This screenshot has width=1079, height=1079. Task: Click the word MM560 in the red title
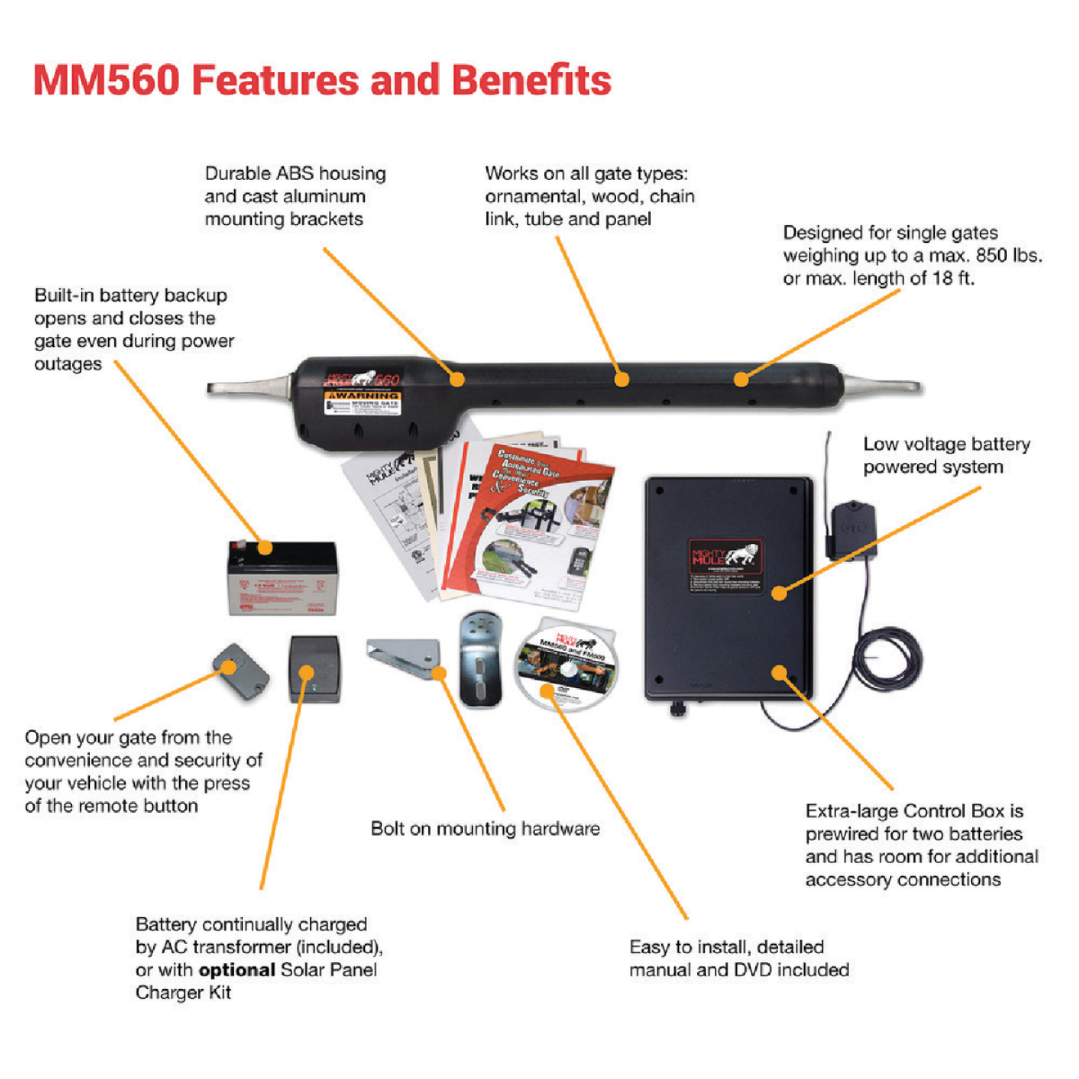click(x=106, y=80)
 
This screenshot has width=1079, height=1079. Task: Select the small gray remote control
click(x=241, y=671)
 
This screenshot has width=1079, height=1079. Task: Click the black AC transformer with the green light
click(x=315, y=669)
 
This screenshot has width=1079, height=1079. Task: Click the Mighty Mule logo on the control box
click(x=725, y=557)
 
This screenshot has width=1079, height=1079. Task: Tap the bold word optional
click(x=237, y=970)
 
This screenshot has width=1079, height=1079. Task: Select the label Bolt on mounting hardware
click(x=485, y=829)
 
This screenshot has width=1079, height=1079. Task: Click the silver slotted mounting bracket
click(x=480, y=659)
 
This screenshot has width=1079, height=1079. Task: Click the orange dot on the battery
click(x=265, y=547)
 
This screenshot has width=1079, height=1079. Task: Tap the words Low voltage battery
click(x=946, y=444)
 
